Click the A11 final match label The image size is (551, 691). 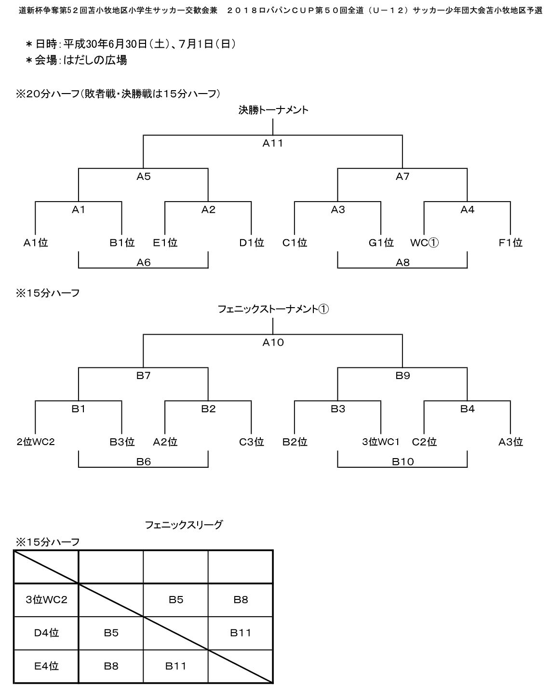tap(273, 143)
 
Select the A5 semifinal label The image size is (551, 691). tap(143, 176)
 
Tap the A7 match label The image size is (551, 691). tap(403, 176)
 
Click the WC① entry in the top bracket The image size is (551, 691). tap(424, 243)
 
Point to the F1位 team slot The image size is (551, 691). tap(510, 243)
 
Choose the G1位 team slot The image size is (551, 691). tap(381, 243)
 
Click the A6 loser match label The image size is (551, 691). tap(143, 263)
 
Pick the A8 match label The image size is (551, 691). tap(403, 263)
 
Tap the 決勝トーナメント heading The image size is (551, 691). tap(273, 110)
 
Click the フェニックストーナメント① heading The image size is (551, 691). tap(273, 309)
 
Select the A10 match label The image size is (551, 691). tap(273, 342)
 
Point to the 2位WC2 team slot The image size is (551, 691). tap(36, 442)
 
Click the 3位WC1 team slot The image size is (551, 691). tap(381, 442)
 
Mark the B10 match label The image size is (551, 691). tap(403, 462)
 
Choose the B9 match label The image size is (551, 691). tap(403, 376)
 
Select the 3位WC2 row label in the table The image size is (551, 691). tap(47, 599)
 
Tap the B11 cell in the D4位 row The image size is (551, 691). tap(240, 633)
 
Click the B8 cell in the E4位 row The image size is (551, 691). tap(111, 666)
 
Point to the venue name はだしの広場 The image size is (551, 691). tap(95, 60)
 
